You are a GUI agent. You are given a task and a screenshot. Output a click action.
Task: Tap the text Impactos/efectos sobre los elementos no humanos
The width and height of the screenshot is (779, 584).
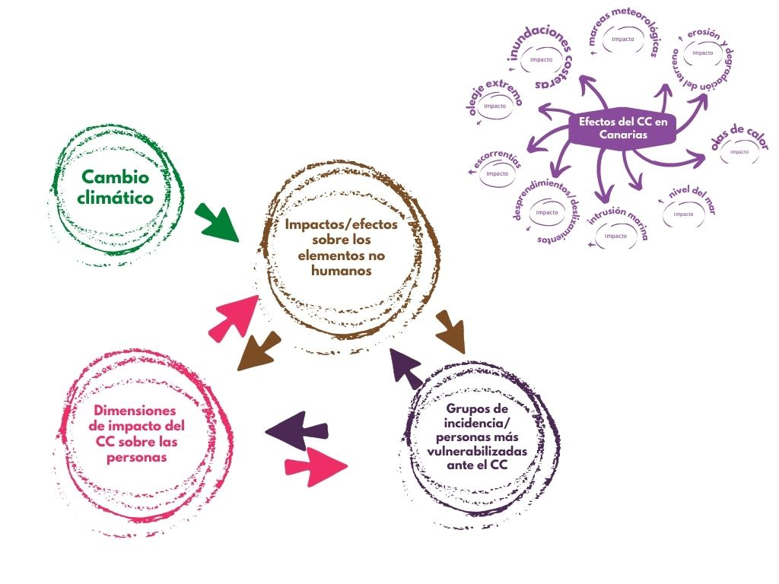[341, 247]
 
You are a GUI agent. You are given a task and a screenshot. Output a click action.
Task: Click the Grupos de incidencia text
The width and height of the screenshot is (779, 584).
[477, 437]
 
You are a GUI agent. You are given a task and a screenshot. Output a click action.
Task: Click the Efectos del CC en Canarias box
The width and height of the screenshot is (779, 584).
[622, 128]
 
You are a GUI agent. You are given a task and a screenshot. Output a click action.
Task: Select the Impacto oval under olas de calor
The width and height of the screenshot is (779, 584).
[739, 151]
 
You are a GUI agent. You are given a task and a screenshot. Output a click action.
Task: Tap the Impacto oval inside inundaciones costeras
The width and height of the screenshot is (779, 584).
[542, 59]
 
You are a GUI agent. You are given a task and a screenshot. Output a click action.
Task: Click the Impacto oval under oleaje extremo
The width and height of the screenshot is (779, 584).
[495, 106]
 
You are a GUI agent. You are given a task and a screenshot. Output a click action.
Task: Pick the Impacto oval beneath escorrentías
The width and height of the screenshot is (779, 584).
[498, 173]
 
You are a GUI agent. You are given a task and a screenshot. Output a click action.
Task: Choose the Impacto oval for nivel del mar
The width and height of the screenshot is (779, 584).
[683, 214]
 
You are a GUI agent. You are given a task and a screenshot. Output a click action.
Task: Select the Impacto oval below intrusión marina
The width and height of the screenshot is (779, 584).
[615, 236]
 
